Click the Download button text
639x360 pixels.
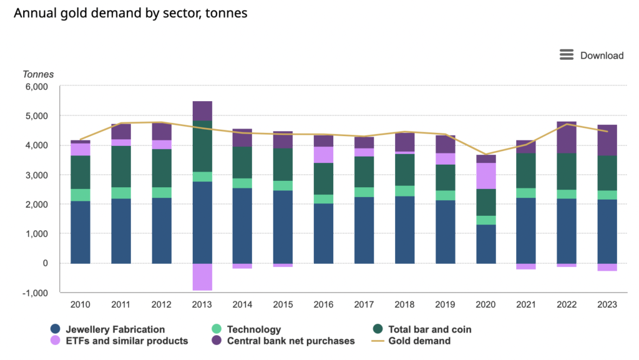tap(602, 56)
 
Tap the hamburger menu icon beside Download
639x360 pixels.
tap(567, 55)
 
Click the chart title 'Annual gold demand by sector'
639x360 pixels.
tap(130, 13)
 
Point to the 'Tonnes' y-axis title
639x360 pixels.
tap(38, 74)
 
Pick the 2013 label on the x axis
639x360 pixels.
tap(202, 304)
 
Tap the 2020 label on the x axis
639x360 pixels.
tap(485, 304)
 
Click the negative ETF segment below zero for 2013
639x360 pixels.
tap(202, 277)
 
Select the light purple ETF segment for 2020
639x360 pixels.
tap(485, 176)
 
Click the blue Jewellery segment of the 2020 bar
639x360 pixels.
tap(485, 244)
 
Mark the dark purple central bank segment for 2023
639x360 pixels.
tap(607, 140)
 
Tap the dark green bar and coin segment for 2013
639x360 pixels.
tap(202, 146)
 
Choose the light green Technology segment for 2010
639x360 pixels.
tap(80, 195)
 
